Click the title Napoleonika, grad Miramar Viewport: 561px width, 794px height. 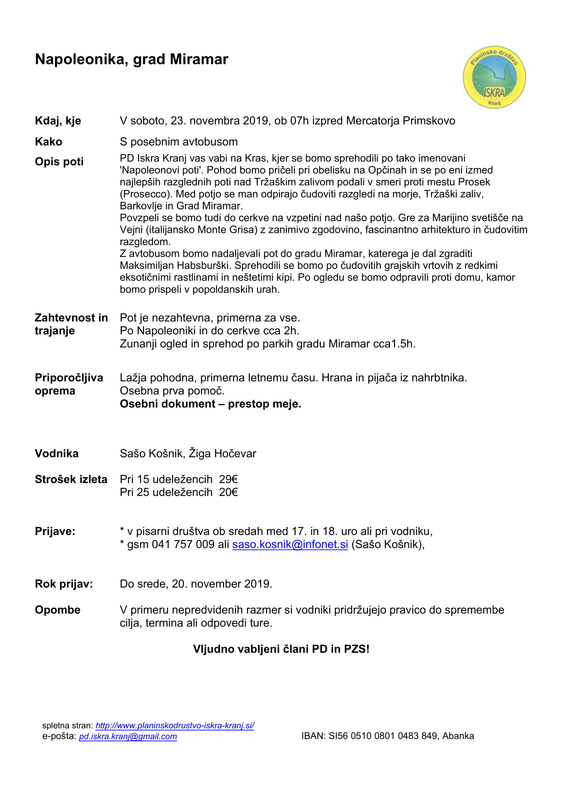tap(131, 59)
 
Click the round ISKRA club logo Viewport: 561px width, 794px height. tap(494, 77)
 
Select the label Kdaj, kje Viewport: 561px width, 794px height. tap(58, 121)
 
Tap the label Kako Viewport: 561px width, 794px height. tap(49, 142)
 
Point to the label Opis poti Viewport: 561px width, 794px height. tap(59, 162)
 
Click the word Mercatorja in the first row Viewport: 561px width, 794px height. tap(373, 121)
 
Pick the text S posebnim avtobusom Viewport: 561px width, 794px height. tap(179, 142)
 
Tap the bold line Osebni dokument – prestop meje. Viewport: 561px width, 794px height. tap(210, 404)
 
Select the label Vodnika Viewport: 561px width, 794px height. tap(56, 454)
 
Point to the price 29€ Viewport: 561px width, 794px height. tap(228, 479)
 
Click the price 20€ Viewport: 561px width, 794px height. tap(228, 492)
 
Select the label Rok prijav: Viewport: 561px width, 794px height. tap(63, 584)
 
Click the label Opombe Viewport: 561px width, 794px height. tap(57, 610)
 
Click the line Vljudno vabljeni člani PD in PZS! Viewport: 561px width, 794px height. tap(281, 649)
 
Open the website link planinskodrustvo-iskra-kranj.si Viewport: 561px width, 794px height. tap(174, 725)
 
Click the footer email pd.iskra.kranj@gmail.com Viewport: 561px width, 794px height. tap(128, 736)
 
